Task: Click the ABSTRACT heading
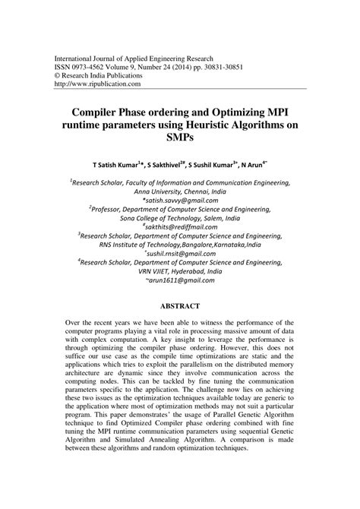click(x=179, y=306)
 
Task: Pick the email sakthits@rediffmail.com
click(x=181, y=227)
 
